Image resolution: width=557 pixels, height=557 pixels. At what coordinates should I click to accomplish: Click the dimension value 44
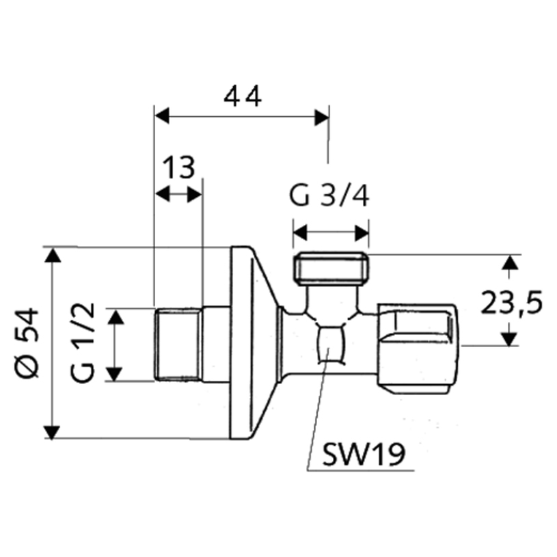pyautogui.click(x=243, y=96)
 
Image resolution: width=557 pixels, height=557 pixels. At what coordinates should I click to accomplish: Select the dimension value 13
pyautogui.click(x=179, y=167)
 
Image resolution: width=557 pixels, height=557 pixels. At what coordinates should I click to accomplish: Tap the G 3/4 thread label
pyautogui.click(x=329, y=196)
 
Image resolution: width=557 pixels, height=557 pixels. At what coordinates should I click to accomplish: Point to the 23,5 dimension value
pyautogui.click(x=511, y=303)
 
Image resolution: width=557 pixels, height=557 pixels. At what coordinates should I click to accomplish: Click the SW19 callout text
pyautogui.click(x=364, y=454)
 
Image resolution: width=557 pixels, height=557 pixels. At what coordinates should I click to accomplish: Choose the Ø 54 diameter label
pyautogui.click(x=27, y=343)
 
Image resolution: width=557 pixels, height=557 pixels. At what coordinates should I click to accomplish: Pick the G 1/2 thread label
pyautogui.click(x=83, y=342)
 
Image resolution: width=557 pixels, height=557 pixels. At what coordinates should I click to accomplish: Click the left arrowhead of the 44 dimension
pyautogui.click(x=162, y=116)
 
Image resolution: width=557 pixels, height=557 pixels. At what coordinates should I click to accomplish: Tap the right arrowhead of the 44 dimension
pyautogui.click(x=322, y=118)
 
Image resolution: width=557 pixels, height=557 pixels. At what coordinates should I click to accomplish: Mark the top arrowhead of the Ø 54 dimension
pyautogui.click(x=53, y=255)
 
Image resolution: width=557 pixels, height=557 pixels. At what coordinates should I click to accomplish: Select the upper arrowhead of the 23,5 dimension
pyautogui.click(x=511, y=262)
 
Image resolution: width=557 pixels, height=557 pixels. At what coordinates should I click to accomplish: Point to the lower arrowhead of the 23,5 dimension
pyautogui.click(x=511, y=338)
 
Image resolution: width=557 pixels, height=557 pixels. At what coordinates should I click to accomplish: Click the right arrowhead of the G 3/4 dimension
pyautogui.click(x=362, y=233)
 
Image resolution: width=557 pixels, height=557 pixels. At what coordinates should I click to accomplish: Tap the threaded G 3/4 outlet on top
pyautogui.click(x=331, y=267)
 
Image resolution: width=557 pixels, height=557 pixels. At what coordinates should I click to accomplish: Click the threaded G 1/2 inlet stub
pyautogui.click(x=178, y=344)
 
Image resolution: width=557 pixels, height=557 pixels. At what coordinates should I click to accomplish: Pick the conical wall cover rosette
pyautogui.click(x=255, y=342)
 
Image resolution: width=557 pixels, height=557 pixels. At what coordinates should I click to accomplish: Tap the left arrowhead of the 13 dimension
pyautogui.click(x=163, y=195)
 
